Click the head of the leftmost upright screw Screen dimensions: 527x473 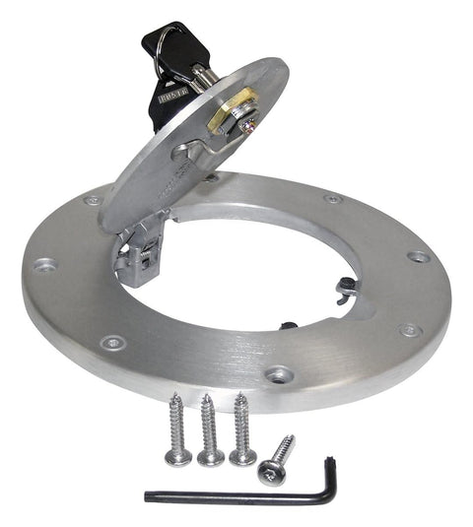pyautogui.click(x=178, y=456)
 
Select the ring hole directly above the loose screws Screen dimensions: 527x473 pyautogui.click(x=279, y=374)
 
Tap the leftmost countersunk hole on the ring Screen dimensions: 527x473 pyautogui.click(x=45, y=264)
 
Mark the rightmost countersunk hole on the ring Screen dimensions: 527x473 pyautogui.click(x=419, y=256)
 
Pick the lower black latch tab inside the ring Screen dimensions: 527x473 pyautogui.click(x=289, y=325)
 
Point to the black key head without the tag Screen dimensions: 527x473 pyautogui.click(x=161, y=39)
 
